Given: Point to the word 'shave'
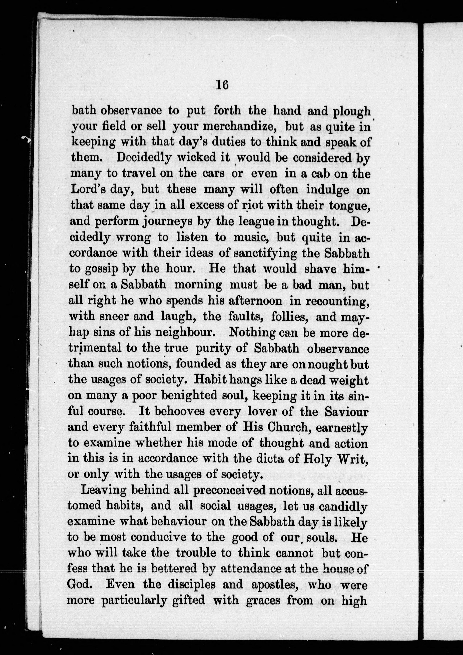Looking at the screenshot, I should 320,269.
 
